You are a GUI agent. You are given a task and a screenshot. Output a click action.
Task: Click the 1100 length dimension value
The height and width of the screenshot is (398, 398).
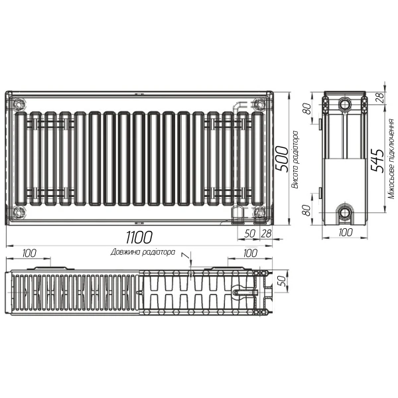[139, 237]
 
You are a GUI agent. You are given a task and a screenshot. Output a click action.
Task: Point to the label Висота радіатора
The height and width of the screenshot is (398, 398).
[295, 159]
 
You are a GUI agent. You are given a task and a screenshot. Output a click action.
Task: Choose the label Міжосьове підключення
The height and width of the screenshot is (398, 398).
[391, 159]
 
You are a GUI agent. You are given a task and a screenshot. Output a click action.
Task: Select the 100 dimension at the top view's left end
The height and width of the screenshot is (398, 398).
[29, 253]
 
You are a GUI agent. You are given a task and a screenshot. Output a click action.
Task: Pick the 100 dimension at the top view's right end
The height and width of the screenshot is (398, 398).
[249, 253]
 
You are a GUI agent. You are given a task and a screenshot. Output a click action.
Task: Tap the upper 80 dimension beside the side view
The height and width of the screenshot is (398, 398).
[308, 108]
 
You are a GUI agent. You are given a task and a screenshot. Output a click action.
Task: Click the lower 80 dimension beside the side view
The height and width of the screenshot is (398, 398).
[308, 212]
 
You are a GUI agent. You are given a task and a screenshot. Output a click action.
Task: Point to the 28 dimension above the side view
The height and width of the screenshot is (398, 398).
[380, 98]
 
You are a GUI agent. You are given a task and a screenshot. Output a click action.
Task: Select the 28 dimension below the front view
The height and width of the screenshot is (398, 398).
[266, 233]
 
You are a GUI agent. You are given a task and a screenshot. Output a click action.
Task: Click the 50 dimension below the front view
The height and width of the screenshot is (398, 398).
[250, 233]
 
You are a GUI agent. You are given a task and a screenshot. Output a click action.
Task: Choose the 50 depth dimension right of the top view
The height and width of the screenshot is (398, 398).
[281, 281]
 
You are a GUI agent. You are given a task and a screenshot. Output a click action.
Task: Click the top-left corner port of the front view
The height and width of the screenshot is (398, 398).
[19, 103]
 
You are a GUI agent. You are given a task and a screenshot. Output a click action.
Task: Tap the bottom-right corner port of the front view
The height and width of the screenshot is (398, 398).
[259, 212]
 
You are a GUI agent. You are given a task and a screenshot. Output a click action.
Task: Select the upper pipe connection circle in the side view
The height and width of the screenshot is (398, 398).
[344, 105]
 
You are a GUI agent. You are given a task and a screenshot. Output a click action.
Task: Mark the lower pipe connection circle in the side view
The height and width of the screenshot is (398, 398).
[344, 213]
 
